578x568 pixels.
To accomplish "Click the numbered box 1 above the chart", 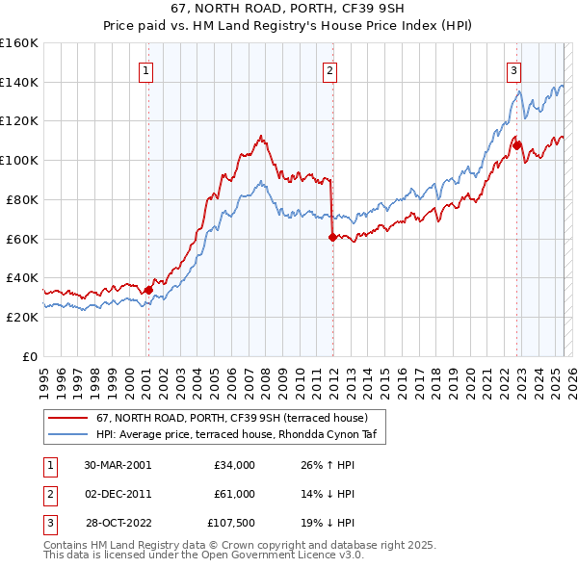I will pos(145,69).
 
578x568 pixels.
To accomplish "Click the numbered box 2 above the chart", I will pos(329,69).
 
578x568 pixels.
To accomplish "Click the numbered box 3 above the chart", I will pos(514,69).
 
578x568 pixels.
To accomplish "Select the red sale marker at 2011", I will pos(331,236).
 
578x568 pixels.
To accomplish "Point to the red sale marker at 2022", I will pos(517,145).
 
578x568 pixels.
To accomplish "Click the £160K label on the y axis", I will pos(19,43).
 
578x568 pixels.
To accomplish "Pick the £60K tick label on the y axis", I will pos(22,239).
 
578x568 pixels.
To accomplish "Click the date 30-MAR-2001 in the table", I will pos(118,465).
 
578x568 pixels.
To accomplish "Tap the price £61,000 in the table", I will pos(234,494).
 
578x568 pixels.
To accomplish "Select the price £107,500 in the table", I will pos(232,523).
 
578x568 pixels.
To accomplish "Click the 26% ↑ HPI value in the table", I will pos(328,465).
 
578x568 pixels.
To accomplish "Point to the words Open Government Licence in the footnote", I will pos(279,555).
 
